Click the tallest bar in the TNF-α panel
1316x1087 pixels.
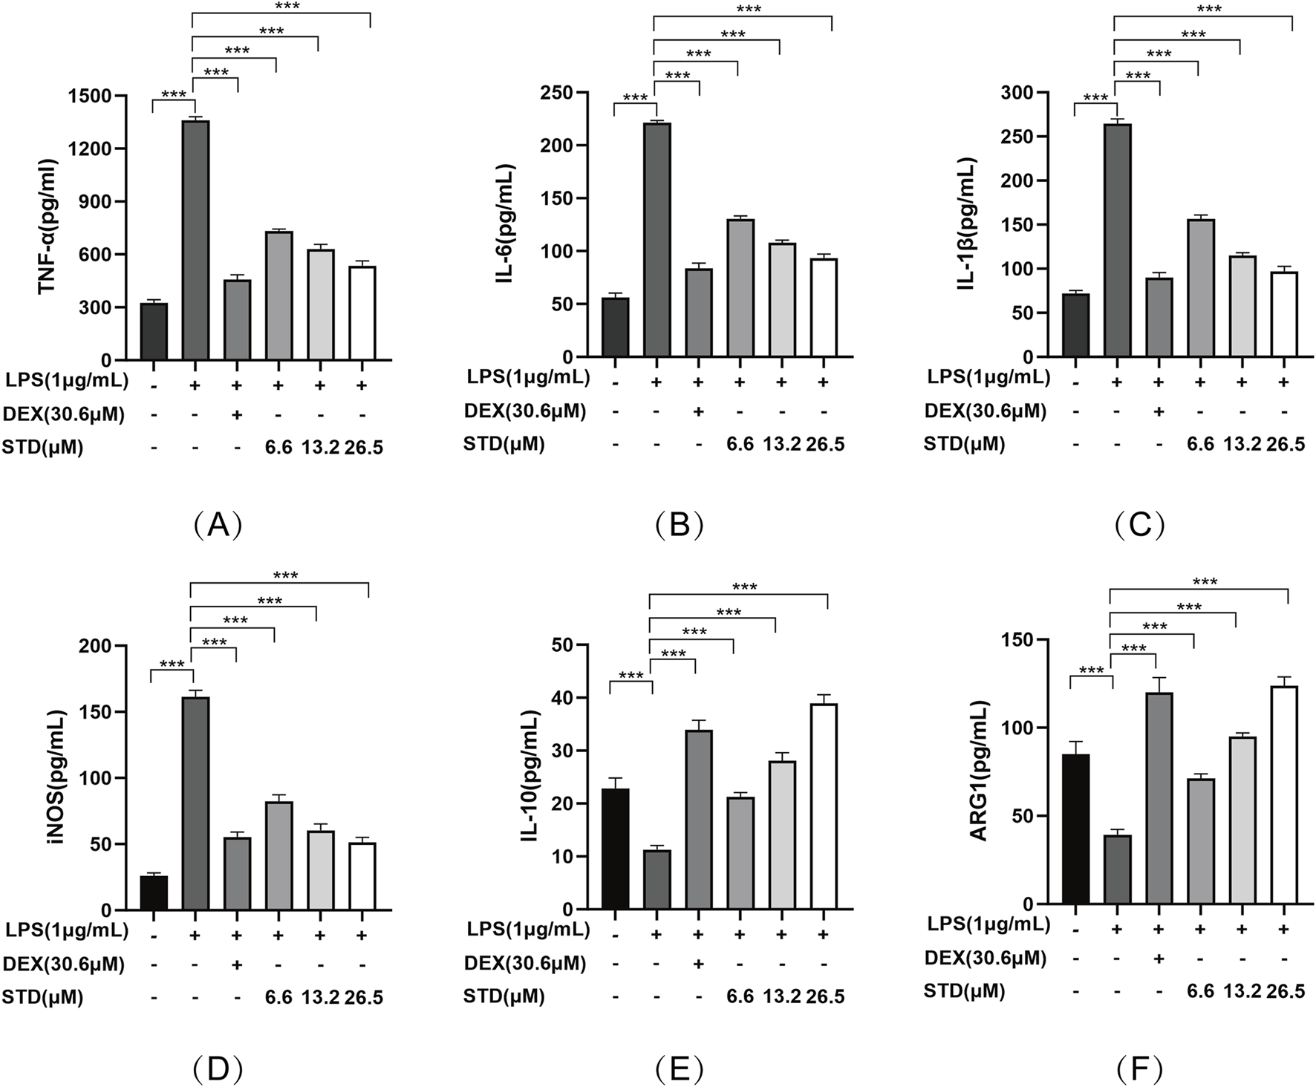(x=195, y=240)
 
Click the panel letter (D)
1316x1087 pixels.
(x=218, y=1069)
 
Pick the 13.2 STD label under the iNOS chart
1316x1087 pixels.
(x=320, y=997)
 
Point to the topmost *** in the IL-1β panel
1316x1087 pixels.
(x=1209, y=10)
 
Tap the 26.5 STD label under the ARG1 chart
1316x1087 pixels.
(x=1286, y=991)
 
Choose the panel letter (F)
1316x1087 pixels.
(x=1139, y=1069)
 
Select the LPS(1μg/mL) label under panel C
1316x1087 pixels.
(x=988, y=377)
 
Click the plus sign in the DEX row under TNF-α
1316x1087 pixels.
(x=237, y=414)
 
